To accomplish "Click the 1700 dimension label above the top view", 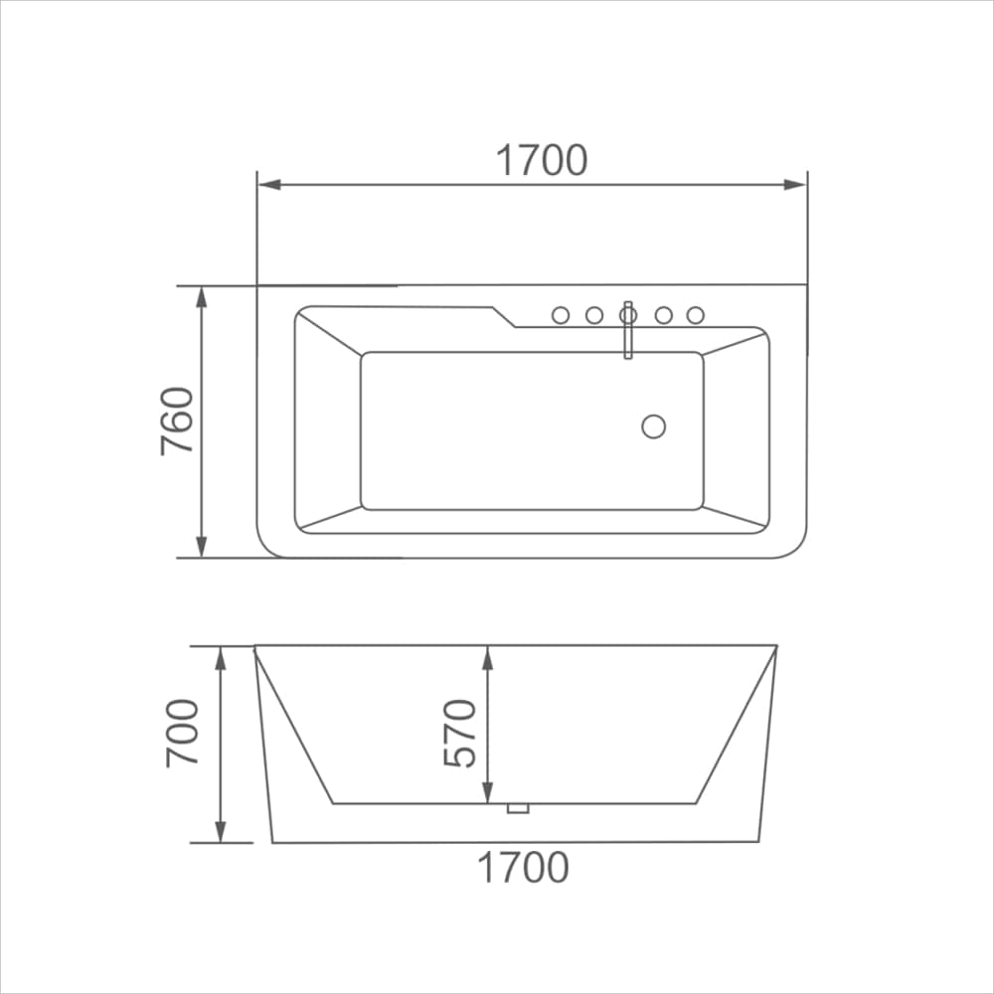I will click(x=542, y=160).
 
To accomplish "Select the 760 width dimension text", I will click(x=178, y=421).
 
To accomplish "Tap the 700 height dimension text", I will click(x=183, y=733).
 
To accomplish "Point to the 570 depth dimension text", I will click(x=460, y=733).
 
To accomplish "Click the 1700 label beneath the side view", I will click(x=524, y=868).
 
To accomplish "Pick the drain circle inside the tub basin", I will click(x=653, y=426).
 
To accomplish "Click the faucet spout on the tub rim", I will click(x=627, y=333).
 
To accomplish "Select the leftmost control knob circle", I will click(x=561, y=315).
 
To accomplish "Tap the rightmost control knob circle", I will click(x=695, y=315).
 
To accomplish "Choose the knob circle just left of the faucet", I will click(x=594, y=315).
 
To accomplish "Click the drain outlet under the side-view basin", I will click(x=518, y=808).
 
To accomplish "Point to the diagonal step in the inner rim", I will click(x=504, y=316).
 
